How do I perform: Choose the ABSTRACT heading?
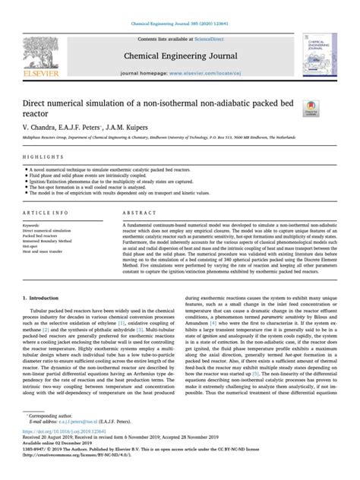(x=139, y=215)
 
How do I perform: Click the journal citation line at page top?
(x=180, y=7)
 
